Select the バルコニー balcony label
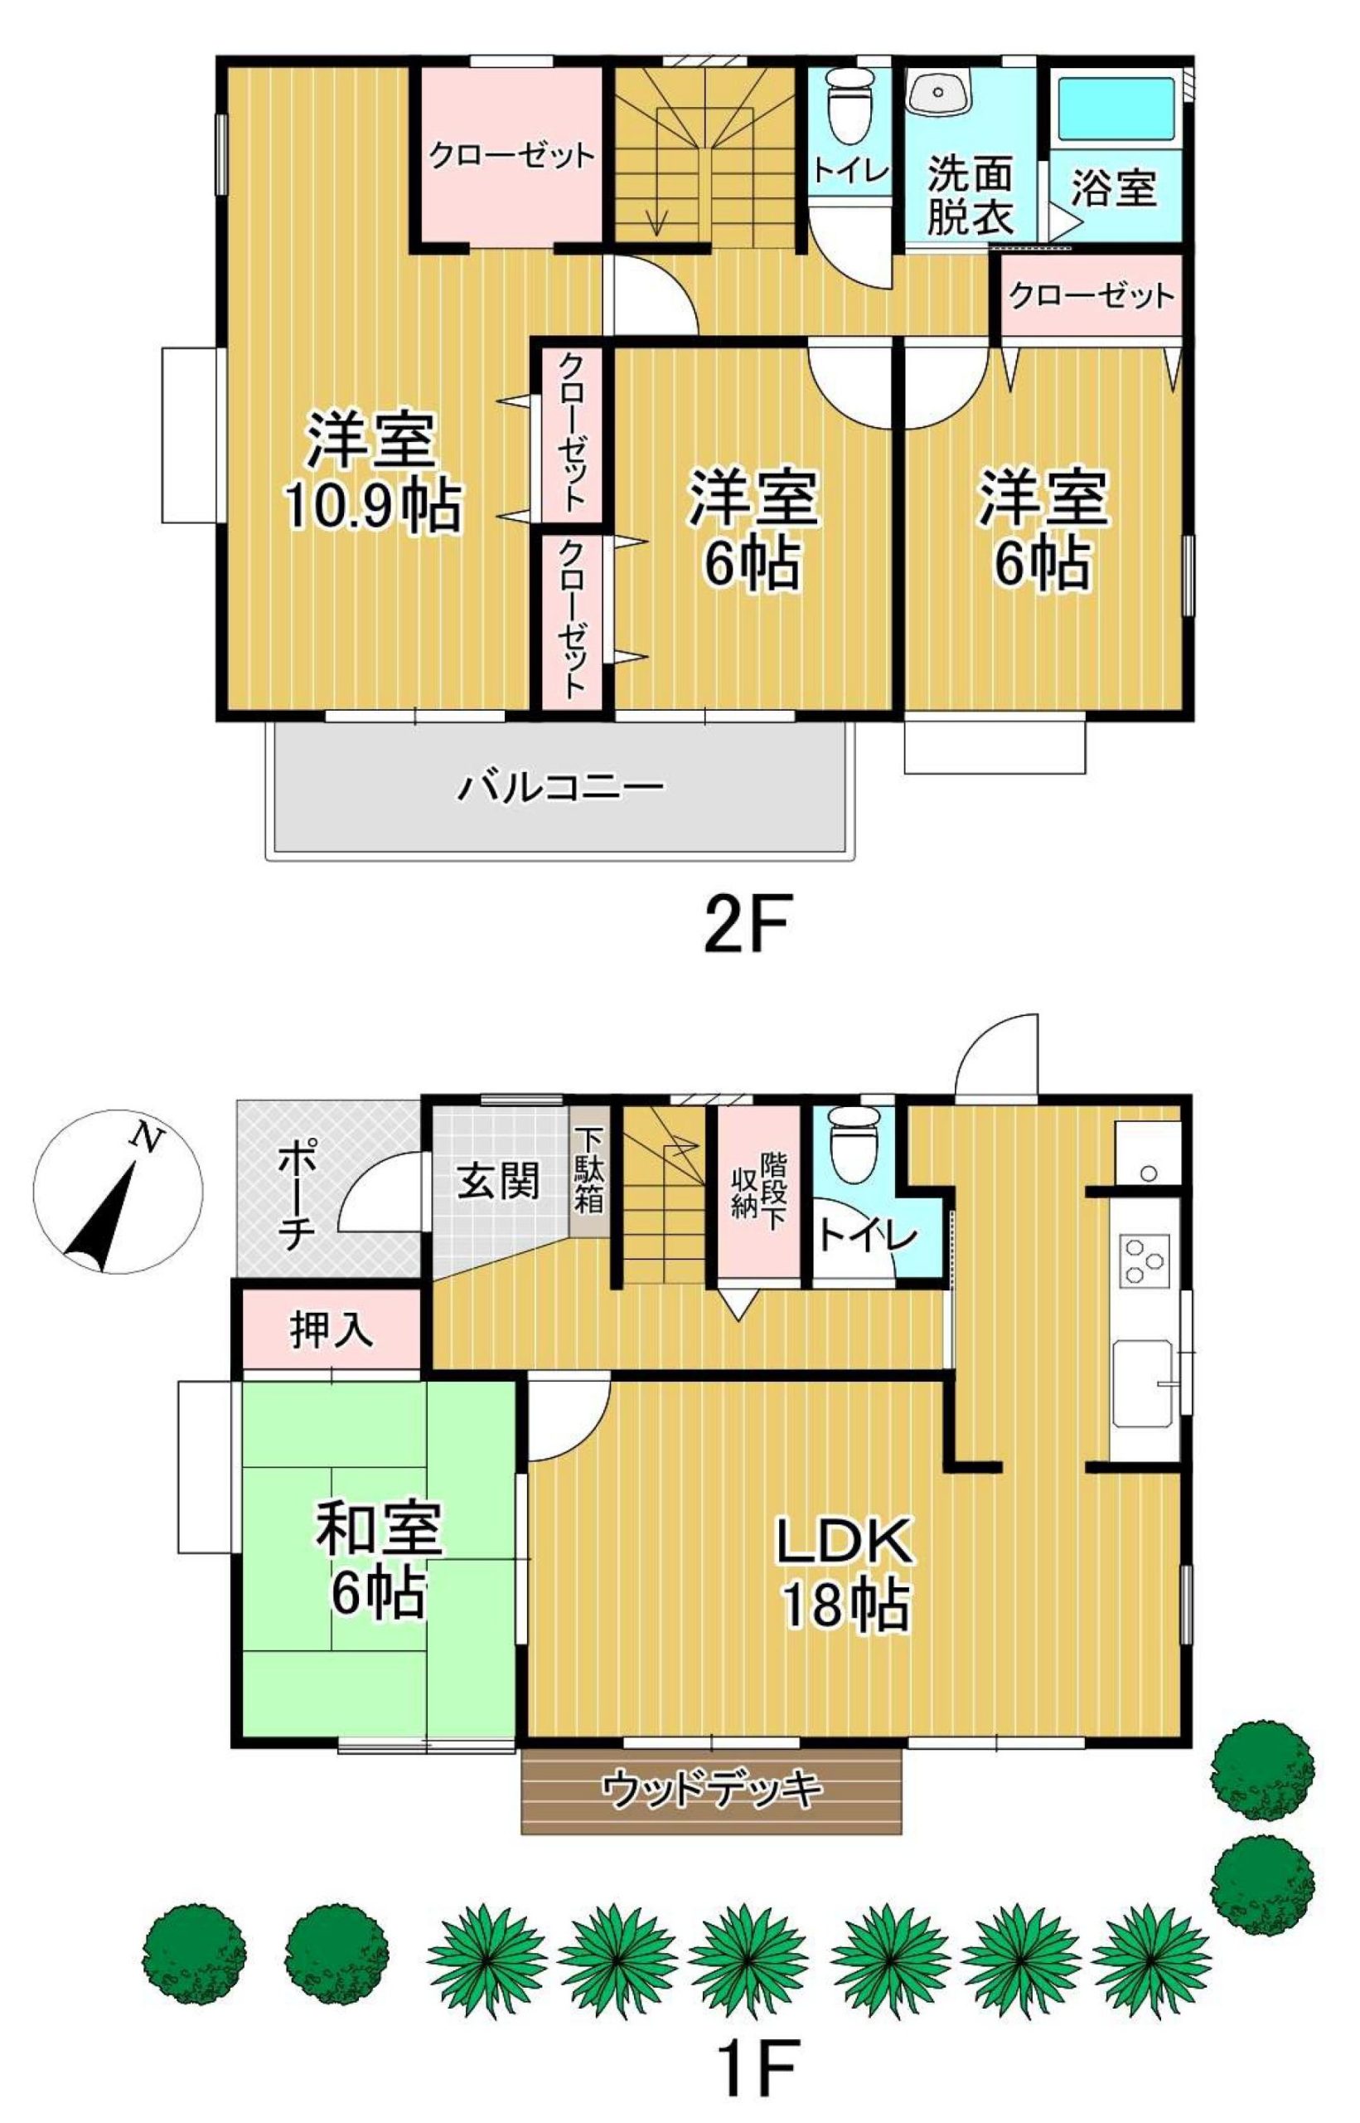tap(560, 785)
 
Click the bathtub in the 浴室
tap(1115, 107)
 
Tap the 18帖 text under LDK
tap(845, 1606)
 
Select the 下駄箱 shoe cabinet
tap(588, 1171)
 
